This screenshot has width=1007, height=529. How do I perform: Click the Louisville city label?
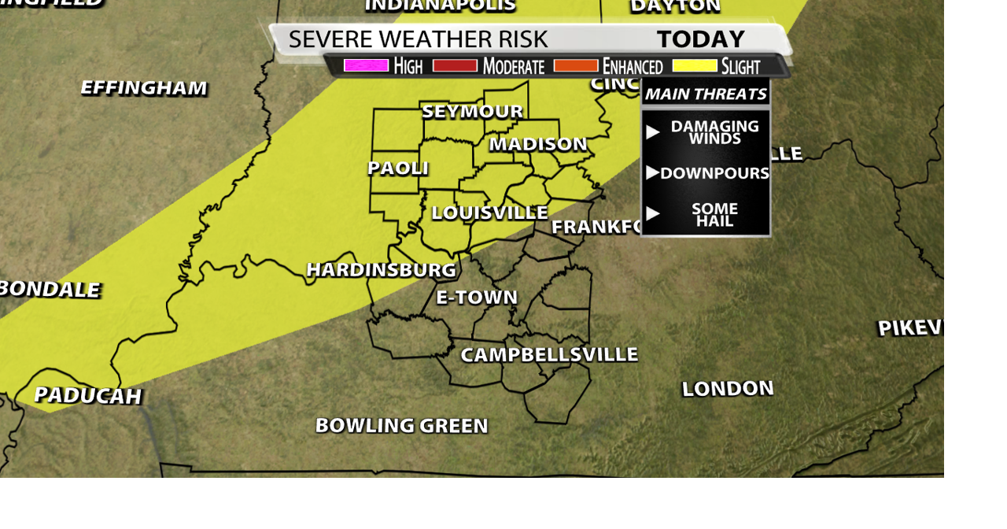pos(489,213)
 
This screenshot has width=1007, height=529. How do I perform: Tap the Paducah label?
pos(87,395)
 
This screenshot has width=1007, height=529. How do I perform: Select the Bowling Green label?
pos(401,426)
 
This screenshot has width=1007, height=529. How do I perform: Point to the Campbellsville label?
pos(548,355)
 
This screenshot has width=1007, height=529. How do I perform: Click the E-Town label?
pos(477,298)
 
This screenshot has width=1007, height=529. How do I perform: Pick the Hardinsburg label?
pos(381,270)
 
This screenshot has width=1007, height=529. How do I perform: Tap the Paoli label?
pos(398,168)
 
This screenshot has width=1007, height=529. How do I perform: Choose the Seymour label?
pos(472,112)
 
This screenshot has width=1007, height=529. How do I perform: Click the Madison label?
pos(538,144)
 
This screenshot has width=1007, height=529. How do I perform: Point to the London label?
pos(728,388)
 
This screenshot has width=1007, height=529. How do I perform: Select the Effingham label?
pos(144,87)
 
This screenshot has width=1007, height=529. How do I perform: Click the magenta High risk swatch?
pos(366,65)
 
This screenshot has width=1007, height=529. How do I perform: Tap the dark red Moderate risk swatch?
pos(455,65)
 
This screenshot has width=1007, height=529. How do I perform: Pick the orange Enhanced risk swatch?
pos(576,65)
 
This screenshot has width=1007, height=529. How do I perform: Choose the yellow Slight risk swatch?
pos(695,65)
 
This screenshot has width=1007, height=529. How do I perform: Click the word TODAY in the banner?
pos(700,39)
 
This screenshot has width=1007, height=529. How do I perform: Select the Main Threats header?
pos(706,94)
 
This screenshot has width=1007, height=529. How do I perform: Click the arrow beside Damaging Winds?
pos(652,132)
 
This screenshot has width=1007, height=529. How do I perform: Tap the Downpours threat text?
pos(714,173)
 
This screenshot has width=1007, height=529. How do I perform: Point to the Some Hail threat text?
pos(714,214)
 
